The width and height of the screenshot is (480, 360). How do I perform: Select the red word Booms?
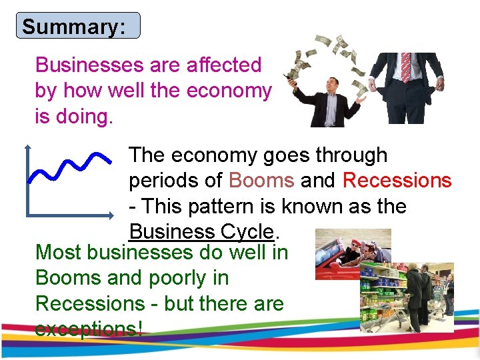[261, 181]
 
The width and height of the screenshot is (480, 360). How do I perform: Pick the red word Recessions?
[397, 181]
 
